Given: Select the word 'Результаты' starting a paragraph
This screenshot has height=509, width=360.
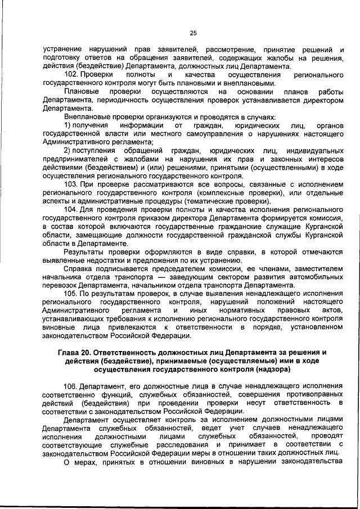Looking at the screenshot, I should point(83,251).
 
